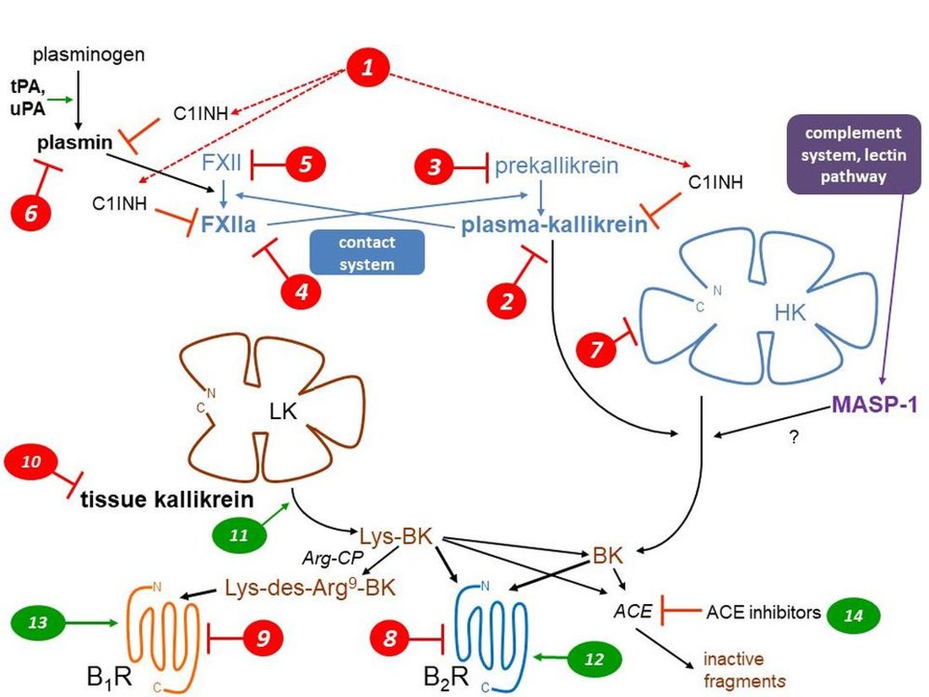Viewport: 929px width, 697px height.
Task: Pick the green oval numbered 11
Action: [239, 536]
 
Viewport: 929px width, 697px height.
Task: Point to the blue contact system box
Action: [367, 253]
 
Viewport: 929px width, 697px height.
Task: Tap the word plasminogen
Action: [89, 55]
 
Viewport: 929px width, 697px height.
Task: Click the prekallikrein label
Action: [557, 165]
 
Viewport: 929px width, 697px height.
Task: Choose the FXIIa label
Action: [229, 226]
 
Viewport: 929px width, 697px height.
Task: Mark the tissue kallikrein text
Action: [167, 499]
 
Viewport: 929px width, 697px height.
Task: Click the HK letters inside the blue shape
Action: [790, 312]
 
